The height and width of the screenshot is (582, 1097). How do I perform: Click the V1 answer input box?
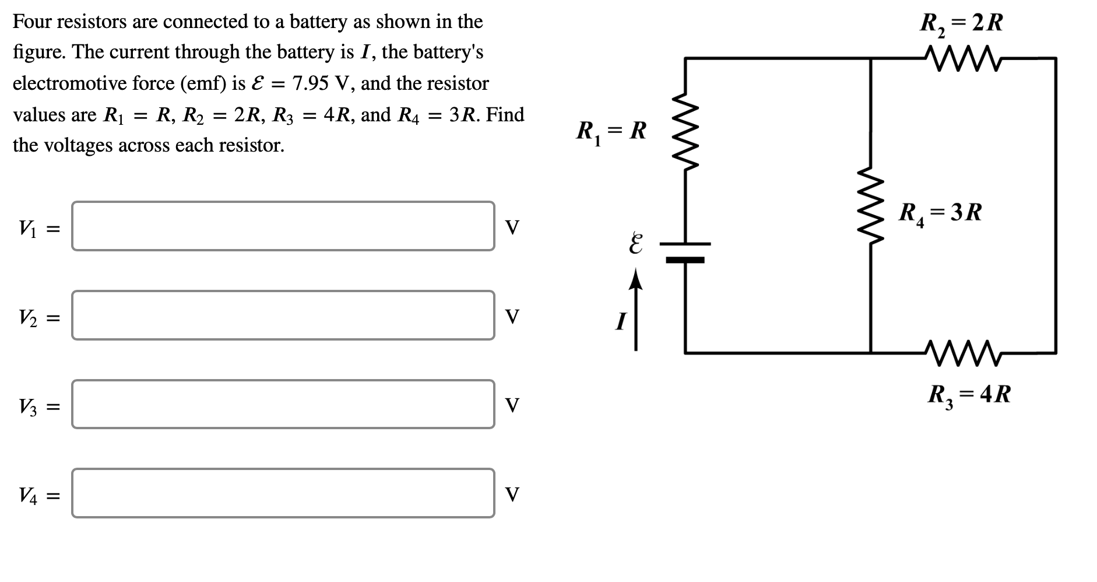click(x=283, y=226)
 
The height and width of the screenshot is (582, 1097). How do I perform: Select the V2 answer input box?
click(x=283, y=315)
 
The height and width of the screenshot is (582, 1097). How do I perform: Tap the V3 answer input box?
click(x=283, y=404)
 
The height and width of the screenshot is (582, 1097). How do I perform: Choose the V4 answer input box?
click(x=283, y=493)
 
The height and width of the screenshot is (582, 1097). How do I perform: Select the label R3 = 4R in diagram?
click(x=969, y=395)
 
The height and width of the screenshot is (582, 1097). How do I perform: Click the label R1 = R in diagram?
click(x=611, y=131)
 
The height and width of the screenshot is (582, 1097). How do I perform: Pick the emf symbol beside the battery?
click(x=635, y=244)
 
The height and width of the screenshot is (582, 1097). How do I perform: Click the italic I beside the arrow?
click(x=621, y=321)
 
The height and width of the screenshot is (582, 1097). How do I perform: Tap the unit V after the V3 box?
click(x=511, y=405)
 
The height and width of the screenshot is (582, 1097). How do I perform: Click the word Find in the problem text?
click(x=505, y=114)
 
